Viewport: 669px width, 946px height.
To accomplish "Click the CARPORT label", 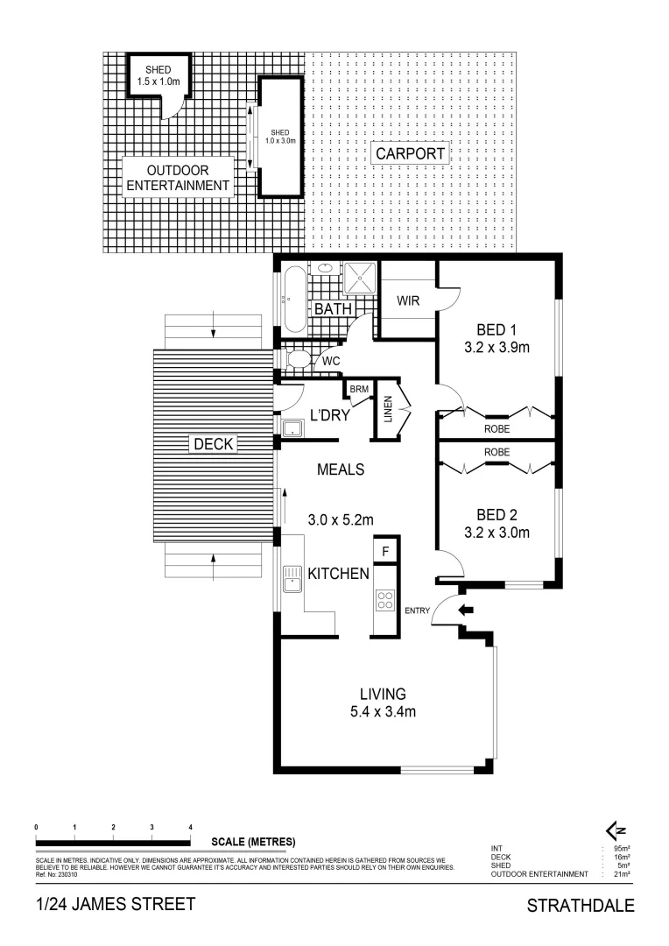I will pyautogui.click(x=412, y=154).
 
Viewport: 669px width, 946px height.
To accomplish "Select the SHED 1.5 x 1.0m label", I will pyautogui.click(x=158, y=75).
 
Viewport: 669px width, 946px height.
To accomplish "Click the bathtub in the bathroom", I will pyautogui.click(x=292, y=299).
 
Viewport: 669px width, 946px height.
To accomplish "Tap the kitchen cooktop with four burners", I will pyautogui.click(x=384, y=600).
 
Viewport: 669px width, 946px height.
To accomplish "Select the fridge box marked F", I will pyautogui.click(x=384, y=551).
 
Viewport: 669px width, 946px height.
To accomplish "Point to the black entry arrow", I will pyautogui.click(x=465, y=611).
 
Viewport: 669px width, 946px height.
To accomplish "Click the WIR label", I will pyautogui.click(x=408, y=301).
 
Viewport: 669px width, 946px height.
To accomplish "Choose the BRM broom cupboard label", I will pyautogui.click(x=359, y=389).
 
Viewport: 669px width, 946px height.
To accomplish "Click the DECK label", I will pyautogui.click(x=213, y=444).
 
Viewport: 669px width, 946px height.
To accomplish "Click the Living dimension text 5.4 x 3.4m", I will pyautogui.click(x=382, y=711).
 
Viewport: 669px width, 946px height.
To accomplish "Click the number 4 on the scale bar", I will pyautogui.click(x=190, y=827).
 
